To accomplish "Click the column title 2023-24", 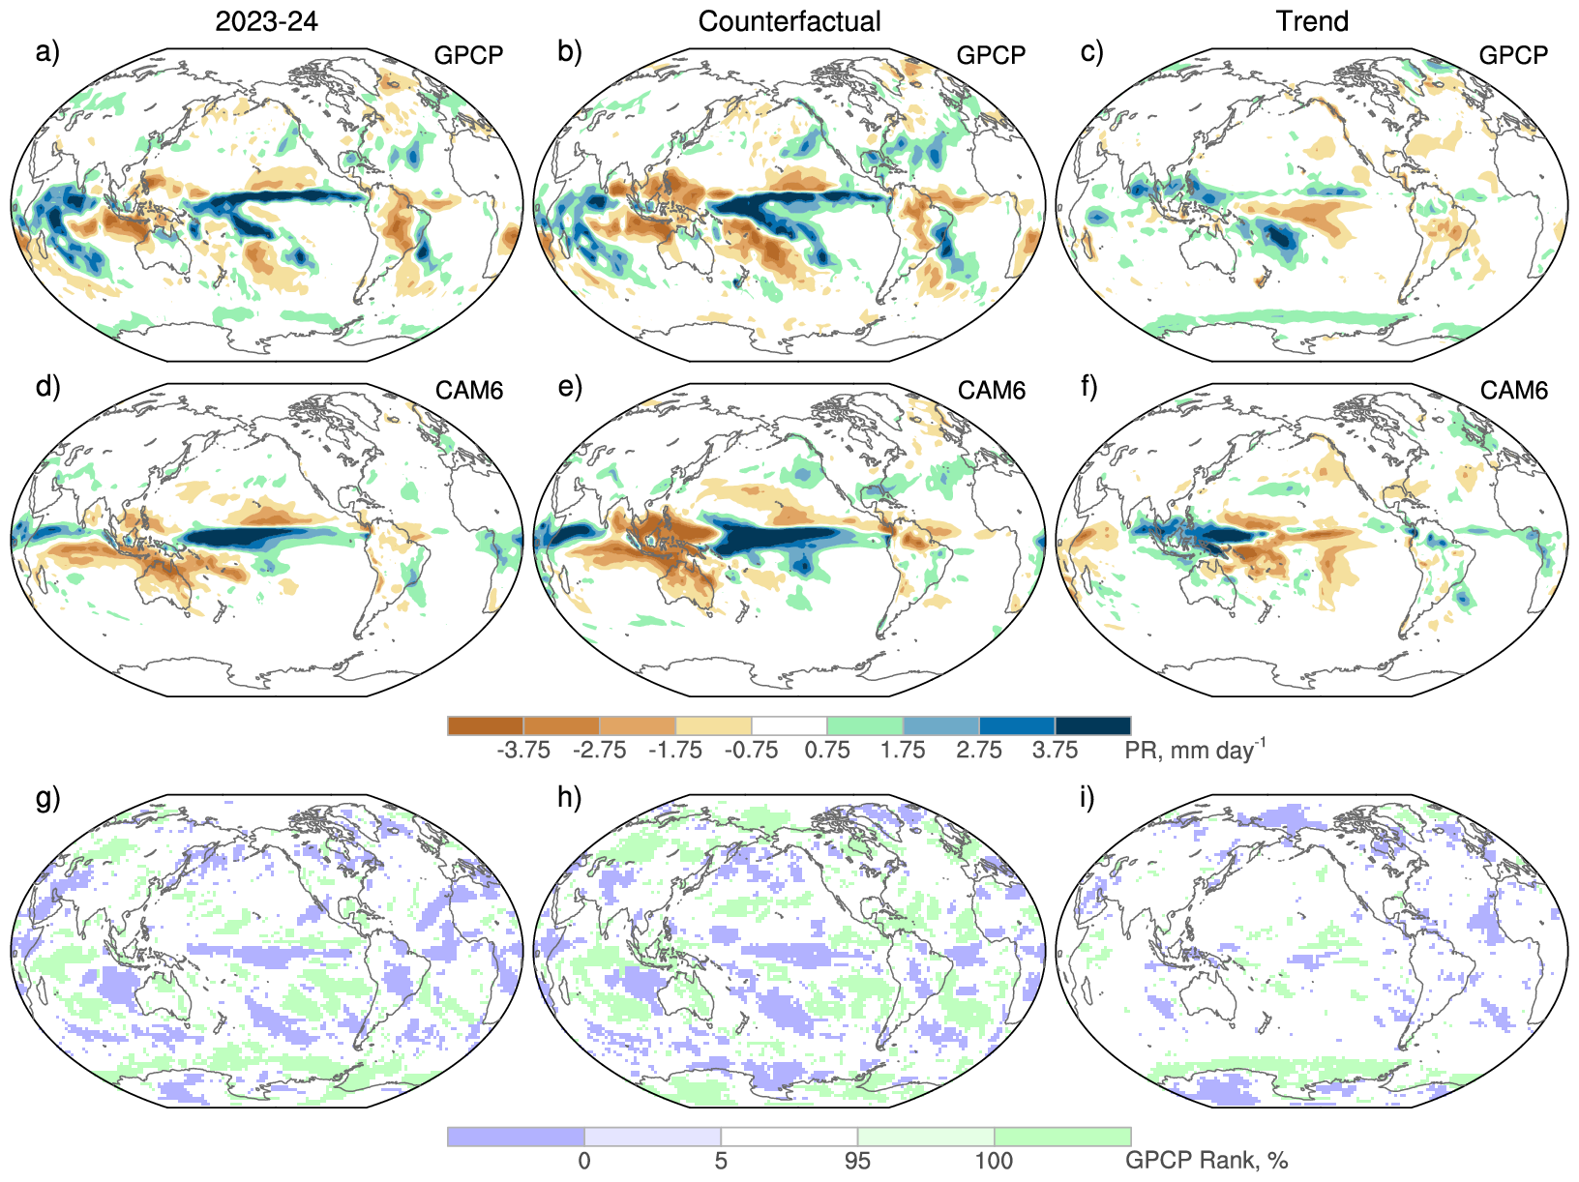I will click(266, 21).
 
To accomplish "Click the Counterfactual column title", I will click(789, 21).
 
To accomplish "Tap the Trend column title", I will click(1312, 21).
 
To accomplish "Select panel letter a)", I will click(47, 51).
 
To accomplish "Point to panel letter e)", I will click(570, 387).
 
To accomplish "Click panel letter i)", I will click(1087, 798).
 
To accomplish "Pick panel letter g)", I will click(47, 798).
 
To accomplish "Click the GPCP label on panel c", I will click(1513, 55).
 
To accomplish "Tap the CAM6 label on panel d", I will click(469, 391).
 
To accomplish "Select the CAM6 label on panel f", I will click(1514, 391).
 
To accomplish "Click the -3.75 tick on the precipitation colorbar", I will click(523, 751).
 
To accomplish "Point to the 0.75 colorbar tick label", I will click(827, 751).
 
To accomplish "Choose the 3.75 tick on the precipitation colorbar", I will click(1055, 751).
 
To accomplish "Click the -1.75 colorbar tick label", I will click(675, 751).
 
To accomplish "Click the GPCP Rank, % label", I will click(1207, 1161).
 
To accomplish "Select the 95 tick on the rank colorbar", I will click(857, 1161).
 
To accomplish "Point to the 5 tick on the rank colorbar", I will click(721, 1161).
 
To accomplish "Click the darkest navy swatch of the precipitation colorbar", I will click(1092, 725).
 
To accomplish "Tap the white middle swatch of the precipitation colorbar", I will click(789, 725).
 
